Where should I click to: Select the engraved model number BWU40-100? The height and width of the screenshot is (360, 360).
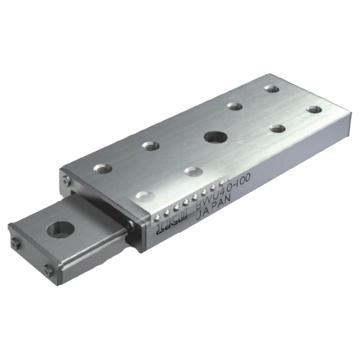click(x=226, y=190)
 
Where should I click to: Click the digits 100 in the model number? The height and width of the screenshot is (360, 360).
click(x=243, y=181)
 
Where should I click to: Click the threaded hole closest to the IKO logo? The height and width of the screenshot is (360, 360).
click(x=144, y=195)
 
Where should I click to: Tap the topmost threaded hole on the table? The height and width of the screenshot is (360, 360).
click(x=272, y=88)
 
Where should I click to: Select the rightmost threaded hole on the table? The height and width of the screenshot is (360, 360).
click(x=314, y=110)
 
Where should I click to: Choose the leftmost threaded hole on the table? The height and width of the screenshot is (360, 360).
click(x=102, y=169)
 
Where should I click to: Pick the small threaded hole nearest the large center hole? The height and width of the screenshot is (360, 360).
click(x=235, y=106)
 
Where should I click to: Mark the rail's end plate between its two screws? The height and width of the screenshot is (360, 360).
click(x=31, y=256)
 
